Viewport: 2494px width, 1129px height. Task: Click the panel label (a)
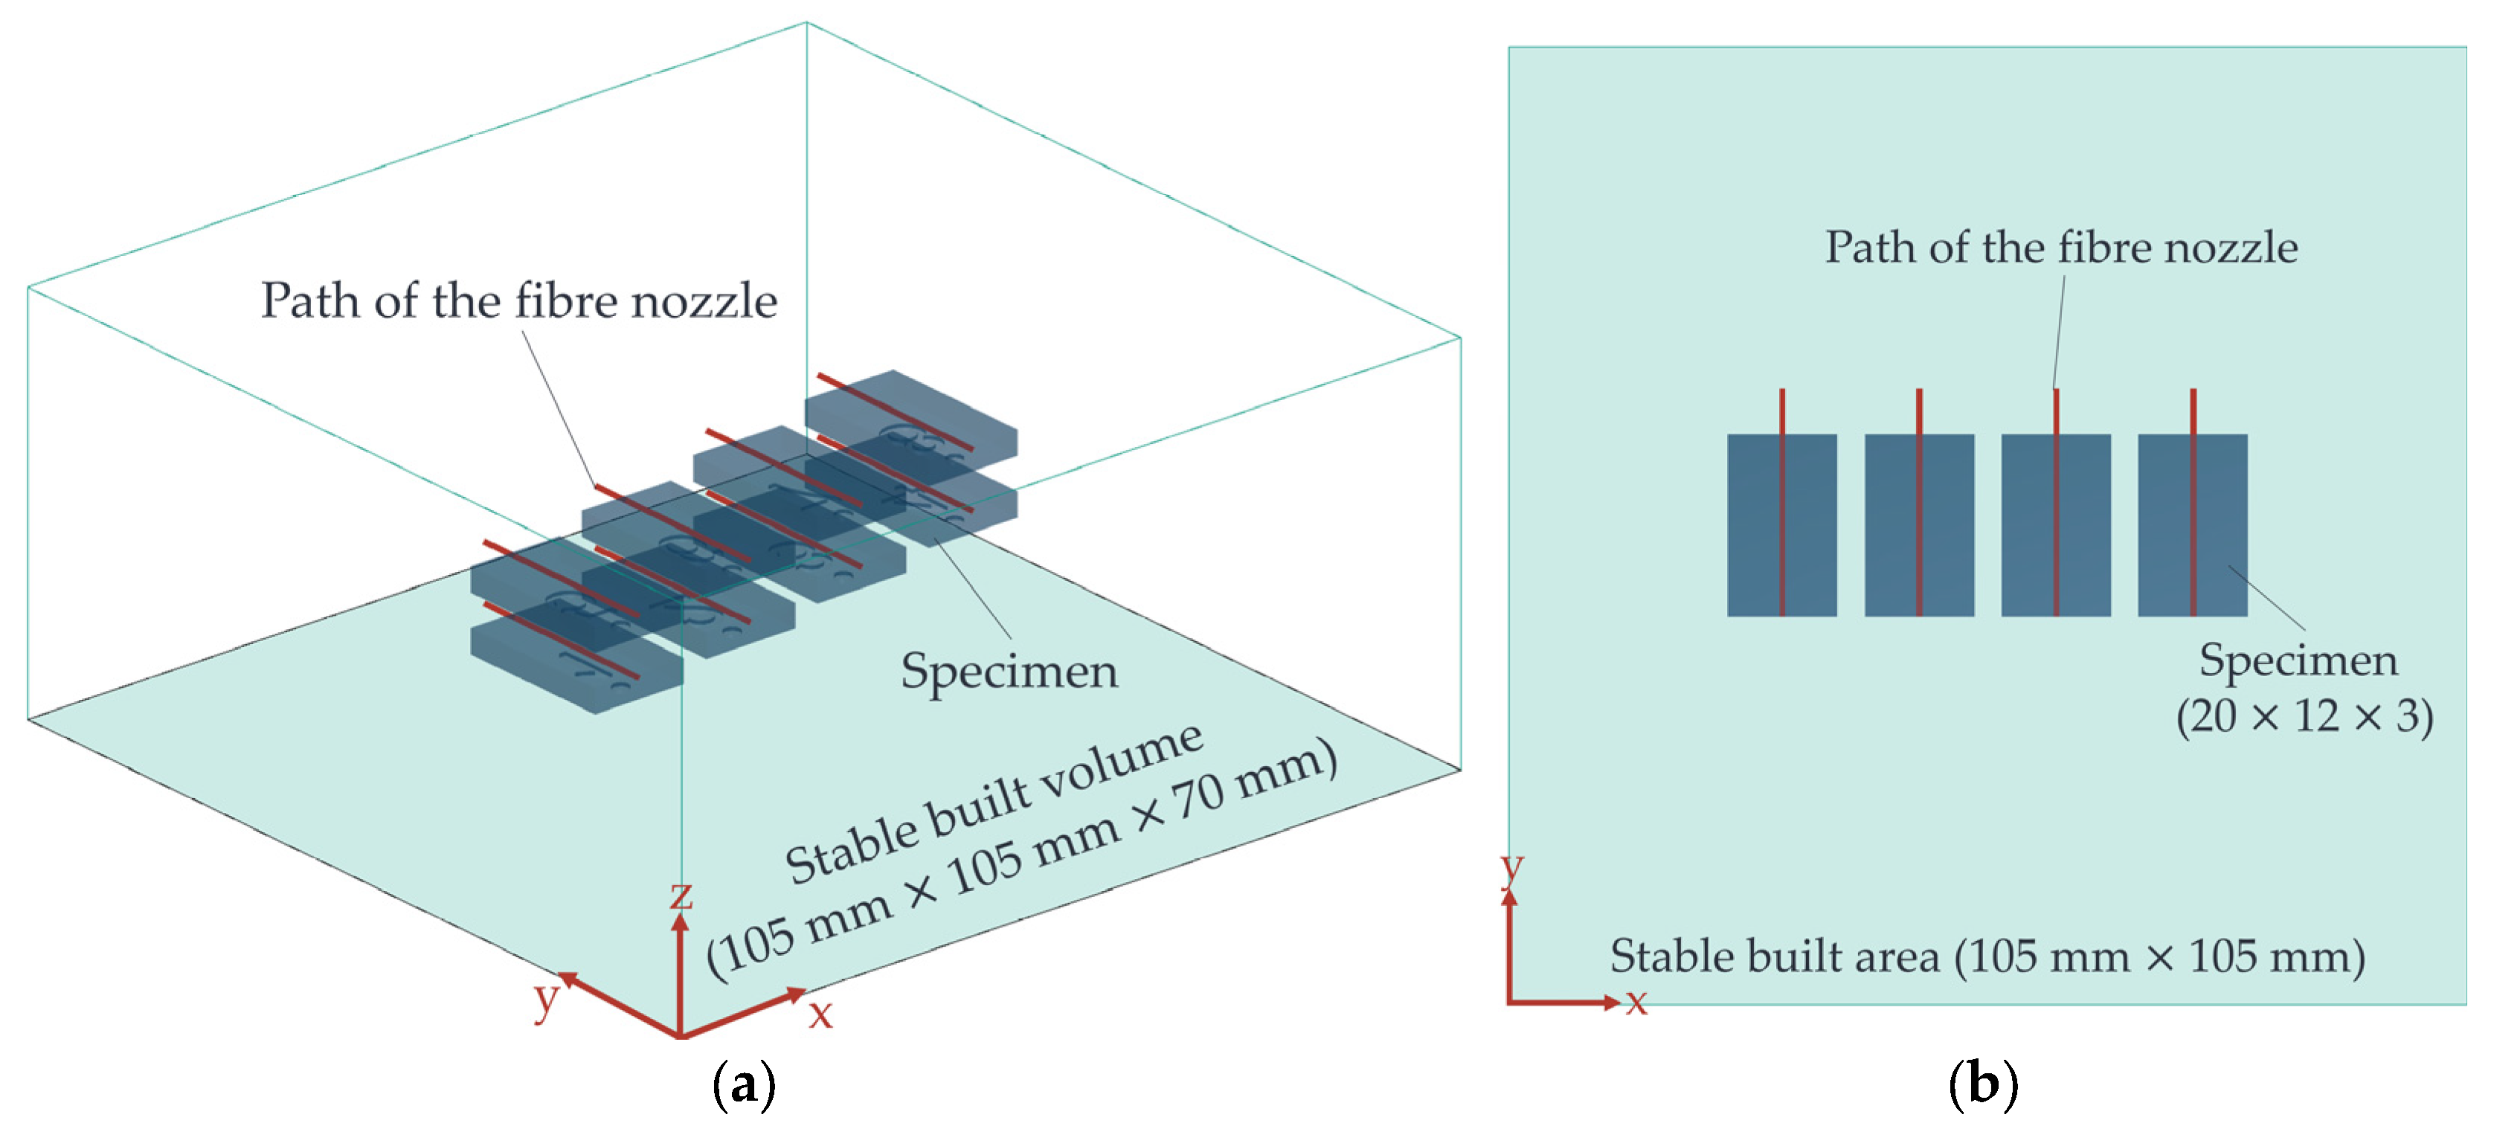[744, 1084]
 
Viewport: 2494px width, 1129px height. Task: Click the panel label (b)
[1983, 1084]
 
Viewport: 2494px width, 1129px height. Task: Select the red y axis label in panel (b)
[1511, 869]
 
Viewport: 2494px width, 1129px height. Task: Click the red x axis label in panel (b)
[1636, 1000]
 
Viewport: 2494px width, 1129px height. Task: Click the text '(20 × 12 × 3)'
[2304, 716]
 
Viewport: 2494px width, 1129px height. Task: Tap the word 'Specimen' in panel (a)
[1009, 670]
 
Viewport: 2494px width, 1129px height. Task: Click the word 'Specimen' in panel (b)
[2298, 660]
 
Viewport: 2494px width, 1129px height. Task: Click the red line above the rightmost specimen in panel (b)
[2193, 411]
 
